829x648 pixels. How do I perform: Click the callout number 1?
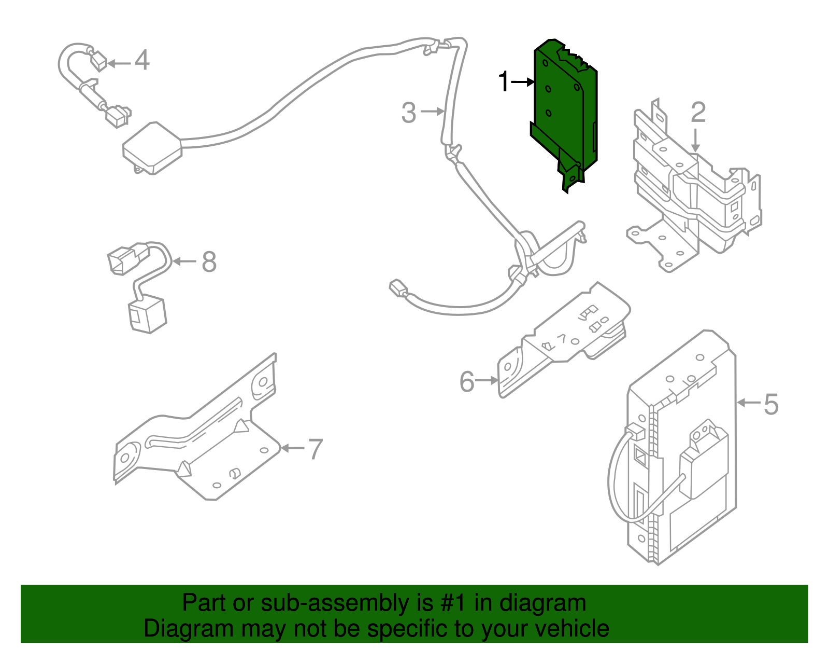[503, 82]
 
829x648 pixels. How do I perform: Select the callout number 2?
[698, 112]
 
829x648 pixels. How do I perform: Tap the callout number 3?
[409, 113]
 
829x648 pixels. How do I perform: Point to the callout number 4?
[142, 60]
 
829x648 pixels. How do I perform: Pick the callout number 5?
[771, 404]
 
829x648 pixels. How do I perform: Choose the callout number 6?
[467, 382]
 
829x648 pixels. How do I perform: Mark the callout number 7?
[316, 449]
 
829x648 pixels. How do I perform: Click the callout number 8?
[209, 262]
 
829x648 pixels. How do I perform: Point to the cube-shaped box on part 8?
[147, 313]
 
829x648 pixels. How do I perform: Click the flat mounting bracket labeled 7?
[207, 441]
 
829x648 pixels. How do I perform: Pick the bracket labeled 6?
[565, 337]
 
